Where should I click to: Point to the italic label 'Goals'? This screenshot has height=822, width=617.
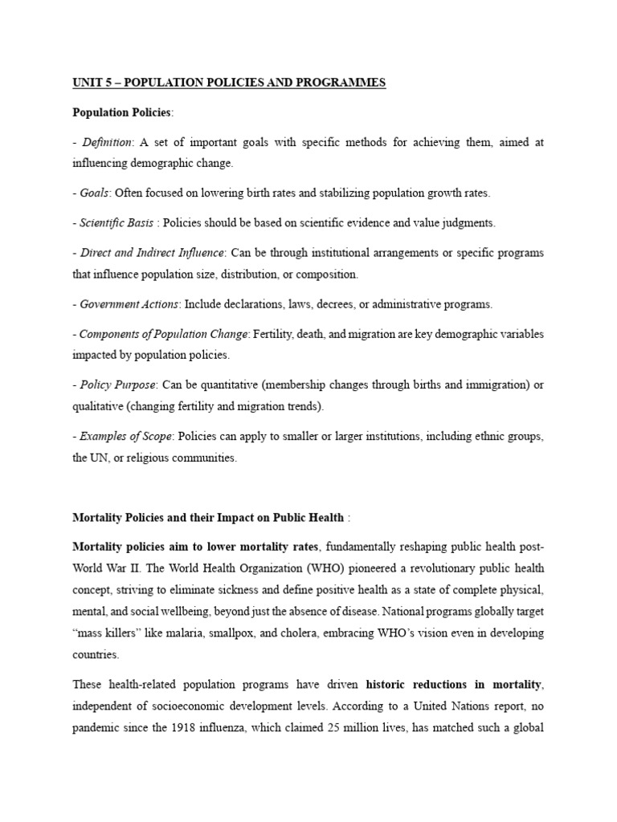(96, 193)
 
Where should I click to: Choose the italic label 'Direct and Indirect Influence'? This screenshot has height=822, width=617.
(152, 253)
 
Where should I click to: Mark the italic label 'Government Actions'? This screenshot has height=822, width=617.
(129, 304)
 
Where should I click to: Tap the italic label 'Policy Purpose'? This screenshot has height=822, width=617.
(116, 385)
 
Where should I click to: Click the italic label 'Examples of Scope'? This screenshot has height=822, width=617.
(125, 437)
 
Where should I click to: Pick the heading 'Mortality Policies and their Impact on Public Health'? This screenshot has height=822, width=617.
(208, 518)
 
